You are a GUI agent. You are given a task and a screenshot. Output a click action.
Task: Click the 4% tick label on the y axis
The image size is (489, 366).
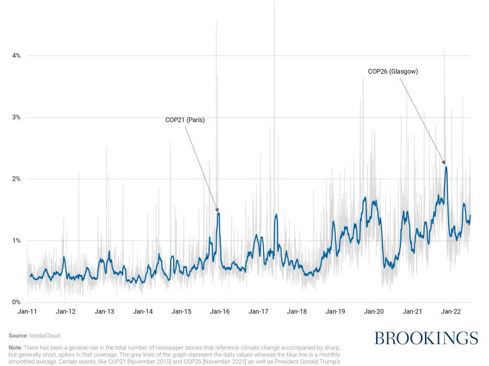(17, 56)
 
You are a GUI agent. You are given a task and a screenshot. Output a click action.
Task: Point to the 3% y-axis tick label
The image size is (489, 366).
(17, 117)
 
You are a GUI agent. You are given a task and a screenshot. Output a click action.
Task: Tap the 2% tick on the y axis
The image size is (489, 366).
(17, 179)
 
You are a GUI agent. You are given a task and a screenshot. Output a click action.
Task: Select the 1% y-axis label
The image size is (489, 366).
(17, 241)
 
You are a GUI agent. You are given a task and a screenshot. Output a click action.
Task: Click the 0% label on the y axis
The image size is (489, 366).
(17, 302)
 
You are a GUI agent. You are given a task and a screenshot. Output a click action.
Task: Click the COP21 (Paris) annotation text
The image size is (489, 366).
(185, 120)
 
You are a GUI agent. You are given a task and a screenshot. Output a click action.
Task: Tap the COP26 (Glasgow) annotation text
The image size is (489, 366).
(393, 71)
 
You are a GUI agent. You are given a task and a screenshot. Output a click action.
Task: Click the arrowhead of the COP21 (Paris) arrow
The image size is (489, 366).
(218, 210)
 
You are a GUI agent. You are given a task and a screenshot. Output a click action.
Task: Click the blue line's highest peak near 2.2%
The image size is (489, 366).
(446, 167)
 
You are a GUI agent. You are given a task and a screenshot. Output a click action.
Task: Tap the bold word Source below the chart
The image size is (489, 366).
(18, 336)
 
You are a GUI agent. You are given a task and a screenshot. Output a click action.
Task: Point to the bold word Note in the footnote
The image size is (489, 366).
(15, 347)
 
